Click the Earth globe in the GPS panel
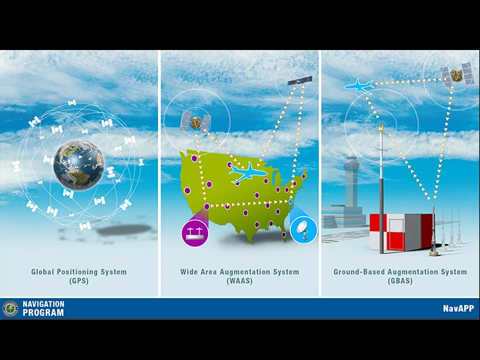point(78,165)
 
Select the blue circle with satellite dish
point(304,230)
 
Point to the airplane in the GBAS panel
point(359,86)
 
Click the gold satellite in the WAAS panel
point(196,122)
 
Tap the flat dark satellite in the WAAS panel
point(300,81)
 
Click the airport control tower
point(350,190)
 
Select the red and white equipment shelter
point(402,232)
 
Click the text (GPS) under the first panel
point(79,281)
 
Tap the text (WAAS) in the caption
point(240,281)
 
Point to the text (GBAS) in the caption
point(400,281)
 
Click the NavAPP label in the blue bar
point(458,308)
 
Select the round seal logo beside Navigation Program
point(11,309)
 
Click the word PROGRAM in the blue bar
point(43,313)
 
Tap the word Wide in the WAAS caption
point(188,272)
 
